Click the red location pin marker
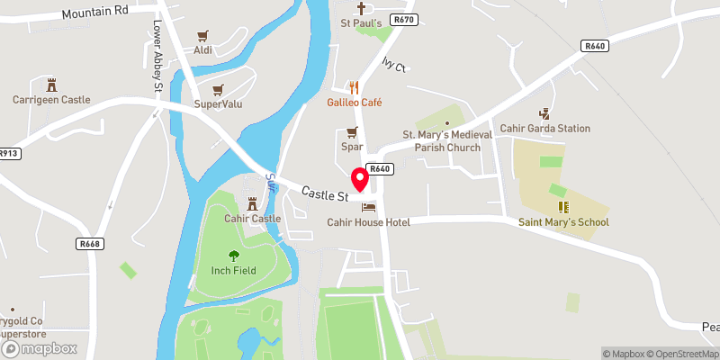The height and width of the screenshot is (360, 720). pyautogui.click(x=359, y=178)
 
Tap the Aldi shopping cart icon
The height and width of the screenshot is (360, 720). pyautogui.click(x=202, y=36)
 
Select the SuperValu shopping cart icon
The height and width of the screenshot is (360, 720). pyautogui.click(x=217, y=90)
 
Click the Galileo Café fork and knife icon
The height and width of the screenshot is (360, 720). pyautogui.click(x=355, y=87)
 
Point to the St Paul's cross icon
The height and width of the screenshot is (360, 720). pyautogui.click(x=361, y=7)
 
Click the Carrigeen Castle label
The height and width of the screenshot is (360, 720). pyautogui.click(x=51, y=99)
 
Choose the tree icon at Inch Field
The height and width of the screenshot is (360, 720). pyautogui.click(x=234, y=256)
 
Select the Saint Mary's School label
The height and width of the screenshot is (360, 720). pyautogui.click(x=563, y=222)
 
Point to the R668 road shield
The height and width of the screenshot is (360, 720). pyautogui.click(x=87, y=242)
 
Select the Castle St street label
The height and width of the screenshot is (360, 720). pyautogui.click(x=325, y=193)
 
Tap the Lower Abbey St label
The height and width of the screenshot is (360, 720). pyautogui.click(x=157, y=57)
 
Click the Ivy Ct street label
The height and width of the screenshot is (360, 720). pyautogui.click(x=395, y=65)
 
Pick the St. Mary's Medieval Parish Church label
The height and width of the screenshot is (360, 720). pyautogui.click(x=447, y=140)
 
